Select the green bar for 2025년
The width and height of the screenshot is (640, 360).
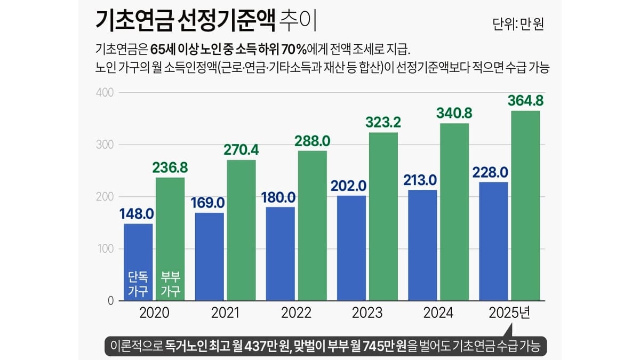pos(525,205)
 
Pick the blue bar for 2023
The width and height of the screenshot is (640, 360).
pos(351,248)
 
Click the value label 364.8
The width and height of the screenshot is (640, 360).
pos(525,100)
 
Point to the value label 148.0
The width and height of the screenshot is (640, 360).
pos(137,214)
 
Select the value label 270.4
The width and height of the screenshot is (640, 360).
pos(242,150)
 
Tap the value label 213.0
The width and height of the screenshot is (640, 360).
pos(423,180)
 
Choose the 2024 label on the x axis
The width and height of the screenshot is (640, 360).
pos(438,313)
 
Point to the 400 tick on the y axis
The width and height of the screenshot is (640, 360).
pos(105,93)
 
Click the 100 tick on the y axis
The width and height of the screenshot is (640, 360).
pos(105,249)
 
